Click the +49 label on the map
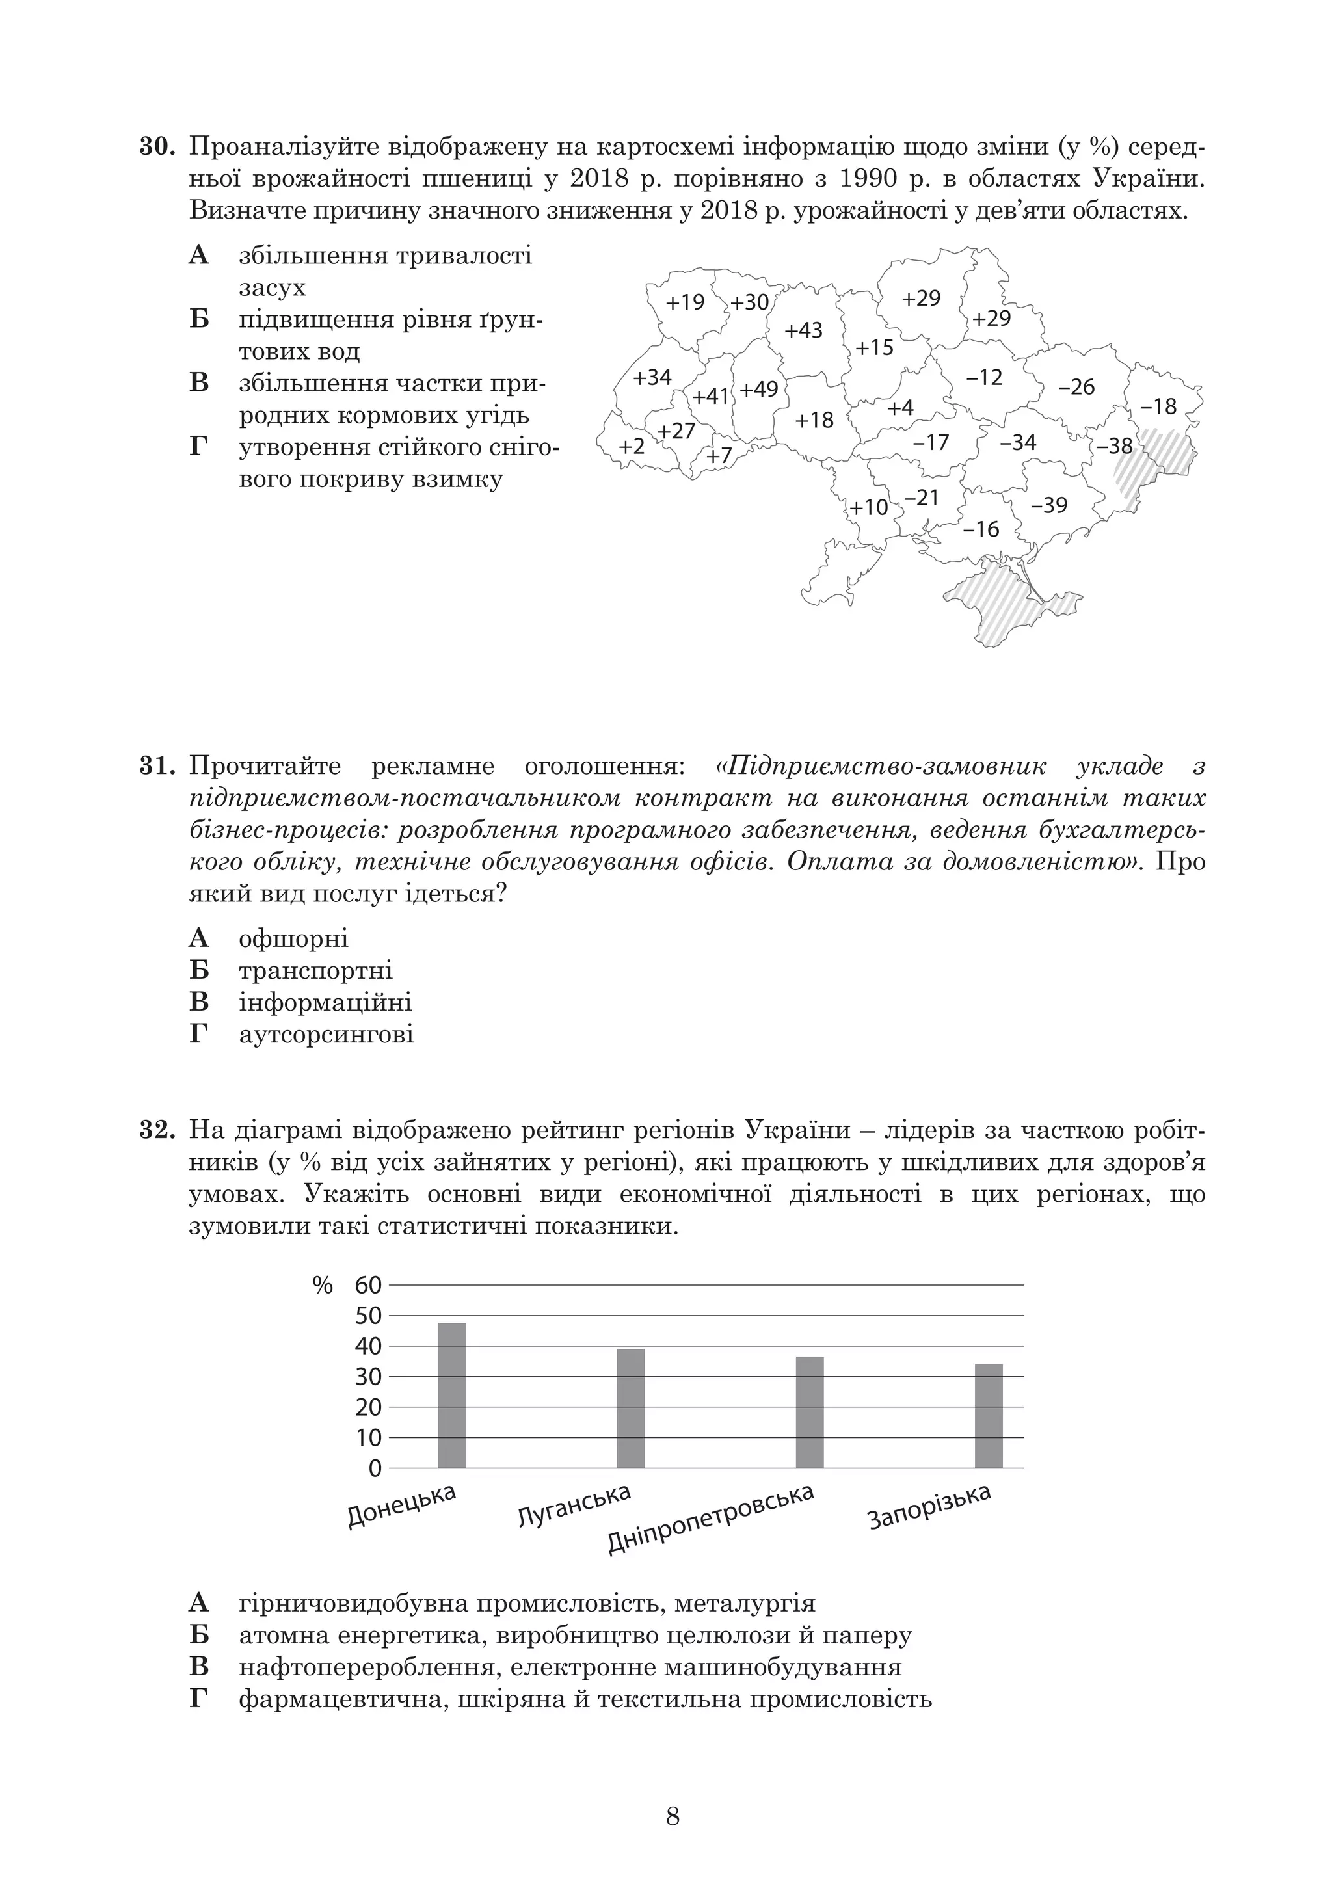(758, 389)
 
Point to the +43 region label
(803, 330)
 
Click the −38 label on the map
(1113, 445)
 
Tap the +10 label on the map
(868, 507)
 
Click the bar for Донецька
(451, 1395)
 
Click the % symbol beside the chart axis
(323, 1286)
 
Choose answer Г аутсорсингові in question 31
(326, 1034)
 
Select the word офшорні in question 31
(293, 938)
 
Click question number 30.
(156, 148)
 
